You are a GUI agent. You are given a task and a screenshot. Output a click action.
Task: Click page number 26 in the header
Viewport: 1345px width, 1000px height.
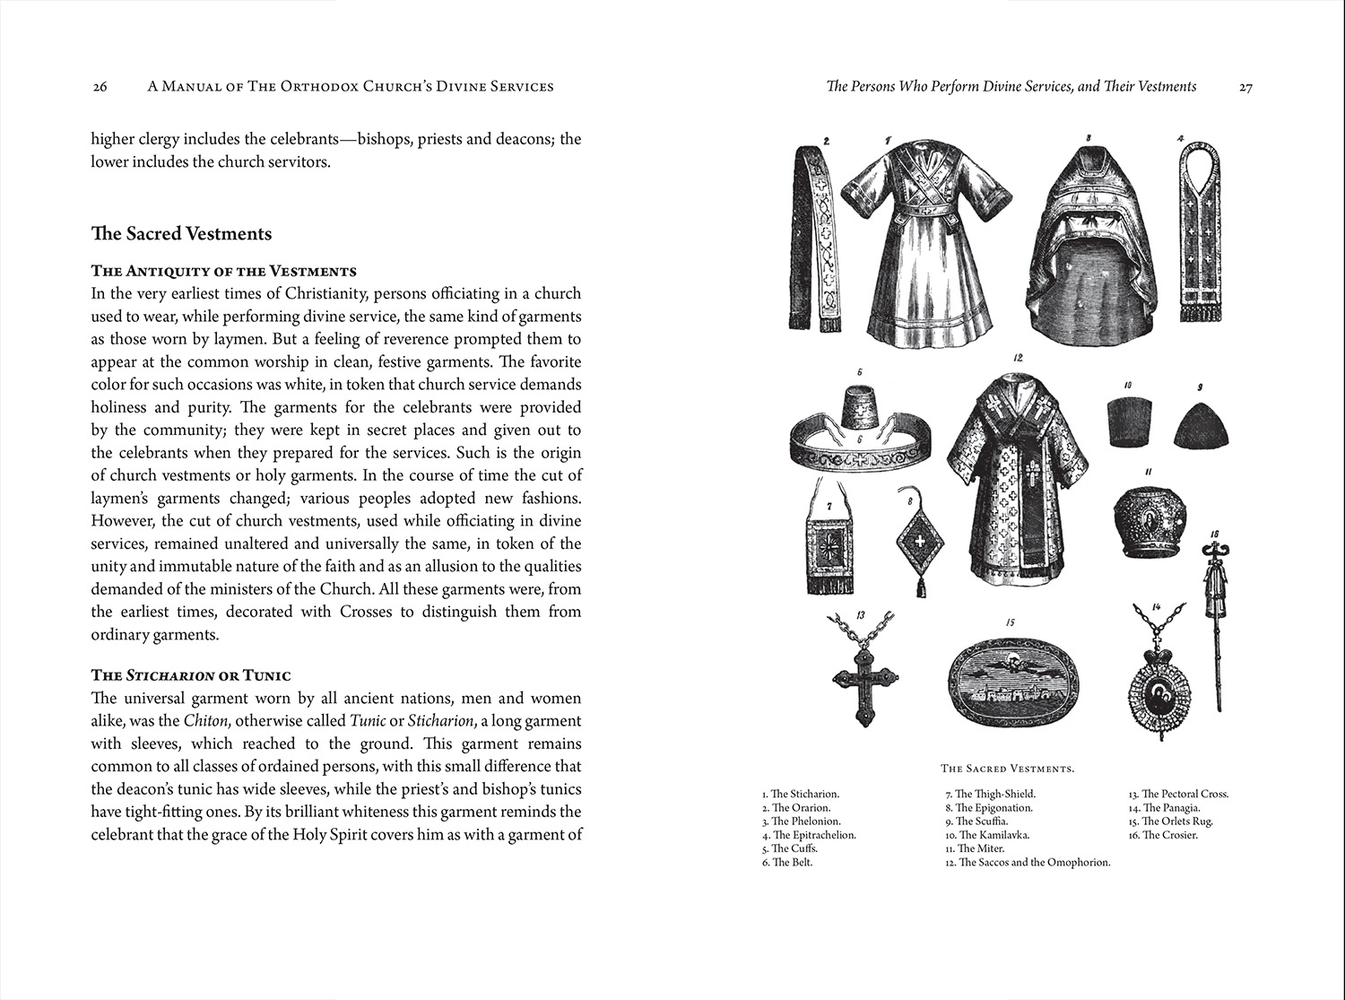click(100, 87)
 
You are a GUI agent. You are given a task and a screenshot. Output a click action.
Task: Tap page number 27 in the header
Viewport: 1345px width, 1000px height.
click(1245, 87)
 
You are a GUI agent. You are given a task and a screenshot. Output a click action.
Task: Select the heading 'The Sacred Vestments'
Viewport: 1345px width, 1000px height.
click(181, 233)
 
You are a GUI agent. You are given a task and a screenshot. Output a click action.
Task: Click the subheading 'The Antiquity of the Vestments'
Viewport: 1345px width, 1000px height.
click(223, 271)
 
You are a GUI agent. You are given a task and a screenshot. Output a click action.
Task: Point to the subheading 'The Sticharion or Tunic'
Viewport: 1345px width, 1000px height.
click(191, 675)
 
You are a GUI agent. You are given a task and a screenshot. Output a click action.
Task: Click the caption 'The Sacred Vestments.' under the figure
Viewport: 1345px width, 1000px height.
click(1007, 769)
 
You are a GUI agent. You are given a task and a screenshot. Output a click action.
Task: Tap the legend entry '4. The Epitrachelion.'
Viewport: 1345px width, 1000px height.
click(808, 835)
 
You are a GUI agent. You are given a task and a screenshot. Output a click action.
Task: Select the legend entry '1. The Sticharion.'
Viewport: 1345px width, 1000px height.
click(800, 794)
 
